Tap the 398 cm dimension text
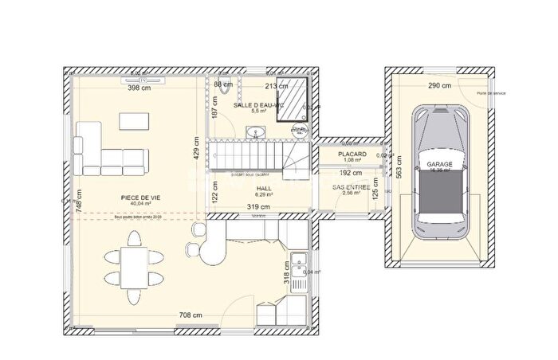pyautogui.click(x=139, y=88)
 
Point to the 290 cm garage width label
pyautogui.click(x=438, y=86)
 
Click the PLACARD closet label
pyautogui.click(x=351, y=154)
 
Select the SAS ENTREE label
pyautogui.click(x=351, y=186)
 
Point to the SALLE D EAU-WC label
pyautogui.click(x=258, y=104)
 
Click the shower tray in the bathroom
pyautogui.click(x=293, y=100)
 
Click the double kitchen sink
pyautogui.click(x=300, y=262)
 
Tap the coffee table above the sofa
pyautogui.click(x=133, y=120)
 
